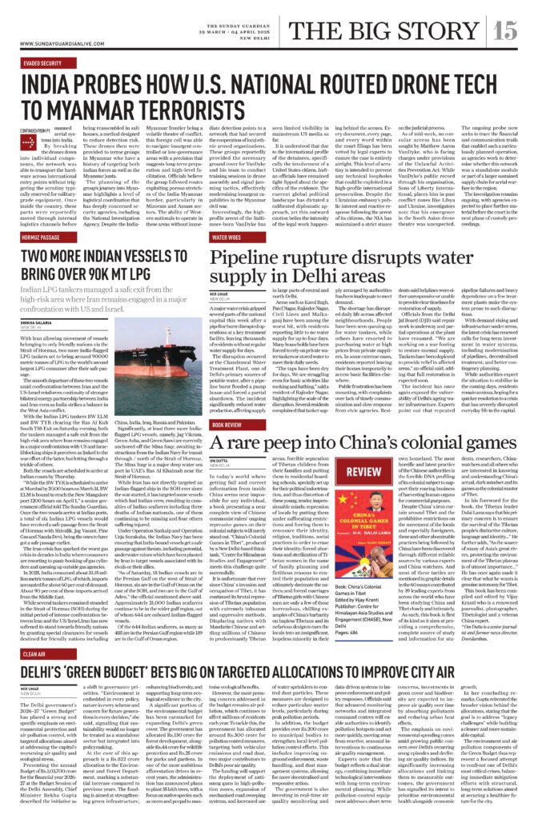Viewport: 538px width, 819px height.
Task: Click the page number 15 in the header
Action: (x=508, y=30)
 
